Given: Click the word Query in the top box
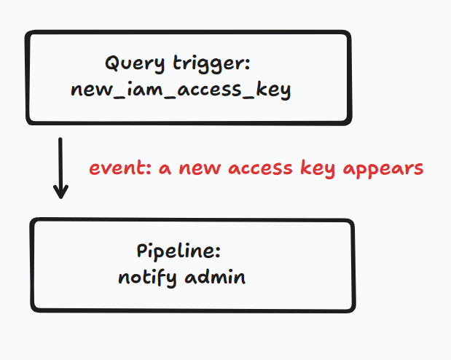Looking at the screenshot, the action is coord(135,63).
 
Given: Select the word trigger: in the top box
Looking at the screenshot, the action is coord(212,63).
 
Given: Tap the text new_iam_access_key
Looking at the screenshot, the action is coord(181,90).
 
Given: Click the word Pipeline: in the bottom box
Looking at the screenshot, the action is coord(179,251).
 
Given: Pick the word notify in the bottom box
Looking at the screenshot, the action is coord(147,278).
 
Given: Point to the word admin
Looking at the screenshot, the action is coord(215,277).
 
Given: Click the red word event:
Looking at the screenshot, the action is coord(120,168).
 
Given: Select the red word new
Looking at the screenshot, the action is coord(200,169).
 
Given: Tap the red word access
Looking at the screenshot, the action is coord(260,169).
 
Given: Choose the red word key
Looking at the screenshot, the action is coord(318,169).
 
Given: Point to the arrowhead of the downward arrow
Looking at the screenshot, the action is coord(60,197).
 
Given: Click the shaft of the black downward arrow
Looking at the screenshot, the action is coord(60,167).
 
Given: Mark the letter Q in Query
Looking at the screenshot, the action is coord(112,63).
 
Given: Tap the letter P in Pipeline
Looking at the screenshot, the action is coord(142,251).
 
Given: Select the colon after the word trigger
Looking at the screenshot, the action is coord(248,64).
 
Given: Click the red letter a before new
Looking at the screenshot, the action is coord(165,169).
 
